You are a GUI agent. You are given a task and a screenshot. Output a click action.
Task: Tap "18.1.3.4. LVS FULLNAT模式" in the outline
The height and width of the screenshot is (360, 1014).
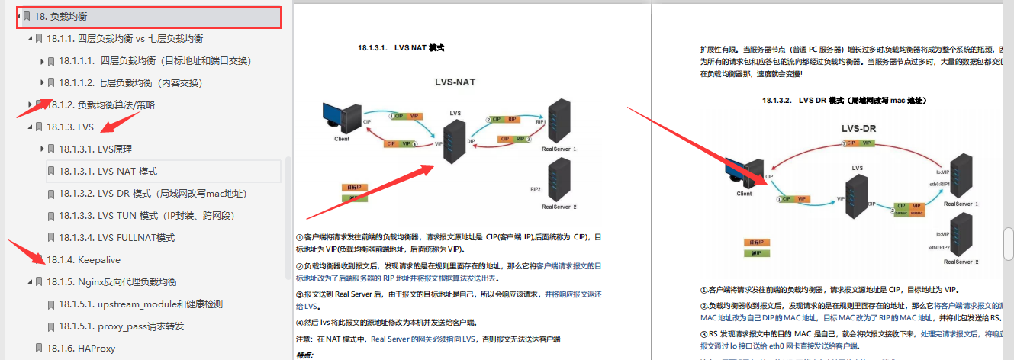click(x=117, y=238)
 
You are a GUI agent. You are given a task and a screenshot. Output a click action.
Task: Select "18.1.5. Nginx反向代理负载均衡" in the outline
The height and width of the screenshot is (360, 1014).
click(x=111, y=282)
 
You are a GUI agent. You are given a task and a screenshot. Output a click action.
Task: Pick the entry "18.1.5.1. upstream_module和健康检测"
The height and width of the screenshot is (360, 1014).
click(x=140, y=304)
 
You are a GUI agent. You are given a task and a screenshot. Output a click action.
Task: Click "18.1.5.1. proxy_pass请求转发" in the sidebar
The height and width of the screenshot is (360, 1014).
click(x=121, y=326)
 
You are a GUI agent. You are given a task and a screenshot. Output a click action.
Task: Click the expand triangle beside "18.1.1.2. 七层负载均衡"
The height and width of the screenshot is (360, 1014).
click(x=42, y=82)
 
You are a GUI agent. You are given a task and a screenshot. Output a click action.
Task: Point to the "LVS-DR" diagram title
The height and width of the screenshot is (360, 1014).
click(x=858, y=128)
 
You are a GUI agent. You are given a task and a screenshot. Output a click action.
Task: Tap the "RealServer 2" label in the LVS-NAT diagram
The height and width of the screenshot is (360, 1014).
click(x=559, y=207)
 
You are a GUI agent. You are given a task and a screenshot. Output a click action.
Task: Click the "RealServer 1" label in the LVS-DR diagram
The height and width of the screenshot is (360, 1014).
click(x=961, y=204)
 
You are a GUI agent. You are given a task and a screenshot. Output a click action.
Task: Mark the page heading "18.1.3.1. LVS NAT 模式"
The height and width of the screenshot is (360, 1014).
click(x=401, y=48)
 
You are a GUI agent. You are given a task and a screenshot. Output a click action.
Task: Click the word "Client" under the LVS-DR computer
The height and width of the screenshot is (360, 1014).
click(x=744, y=194)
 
